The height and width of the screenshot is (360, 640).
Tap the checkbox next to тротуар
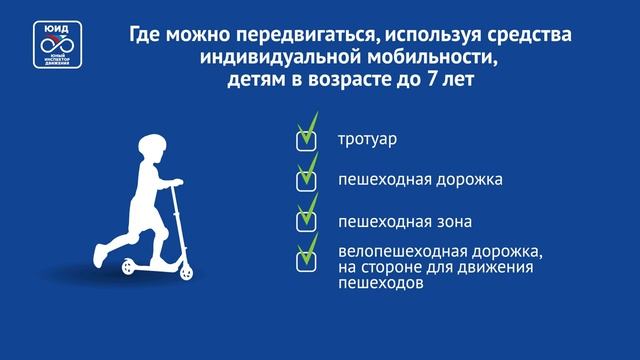click(x=307, y=140)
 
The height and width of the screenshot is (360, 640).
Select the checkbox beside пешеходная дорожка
click(x=307, y=180)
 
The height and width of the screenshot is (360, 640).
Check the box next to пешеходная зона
click(x=307, y=221)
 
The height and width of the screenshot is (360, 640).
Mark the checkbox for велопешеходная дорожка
click(x=307, y=259)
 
